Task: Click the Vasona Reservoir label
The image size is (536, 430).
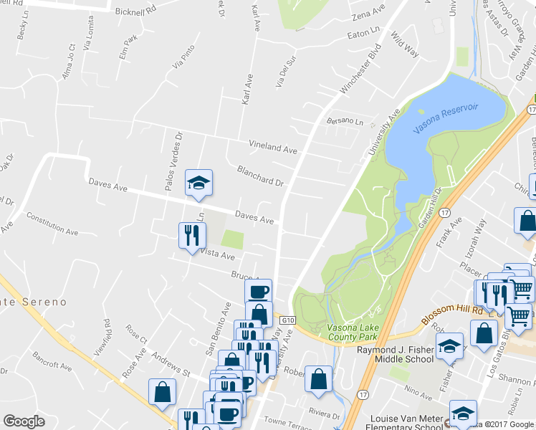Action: (456, 119)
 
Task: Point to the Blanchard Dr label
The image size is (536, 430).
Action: (260, 176)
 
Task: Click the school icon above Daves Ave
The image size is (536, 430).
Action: (198, 183)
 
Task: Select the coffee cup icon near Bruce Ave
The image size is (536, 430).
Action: (258, 292)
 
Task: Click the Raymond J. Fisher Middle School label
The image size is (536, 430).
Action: (396, 354)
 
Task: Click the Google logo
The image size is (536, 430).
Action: (24, 421)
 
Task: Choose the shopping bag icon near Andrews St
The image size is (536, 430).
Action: (163, 392)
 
